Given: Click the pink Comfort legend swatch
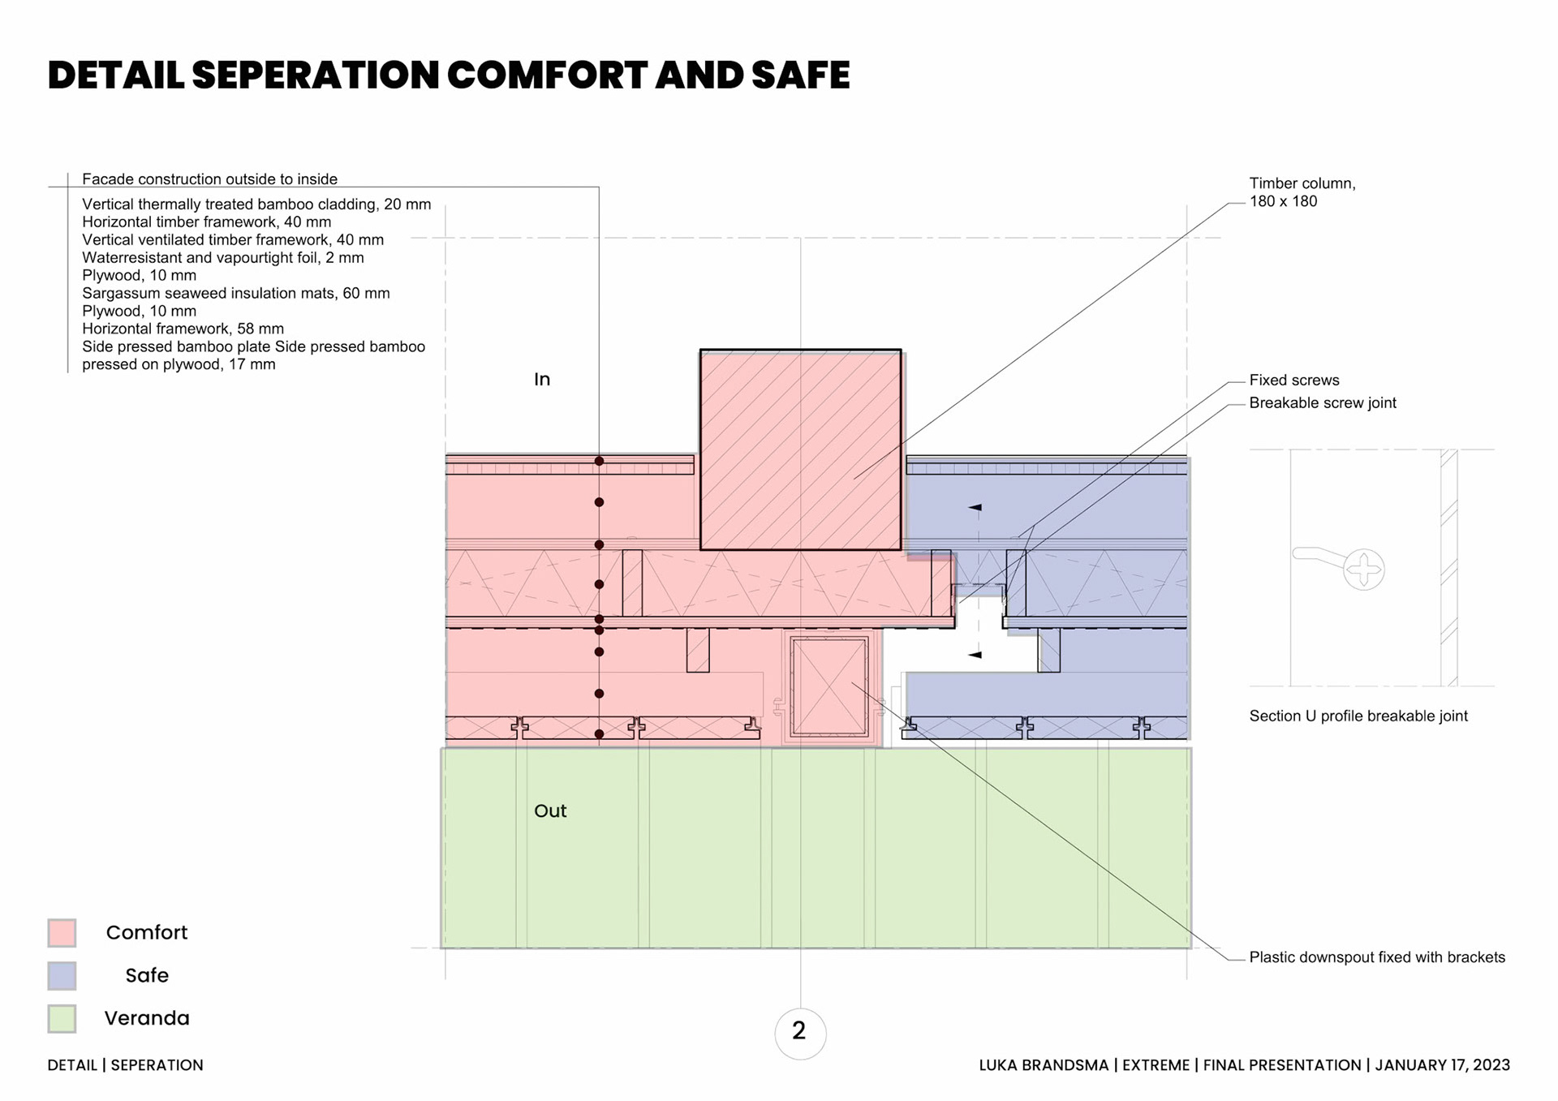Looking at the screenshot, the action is point(62,932).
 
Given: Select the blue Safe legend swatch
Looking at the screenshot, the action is point(62,975).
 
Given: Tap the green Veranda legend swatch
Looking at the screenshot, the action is point(62,1018).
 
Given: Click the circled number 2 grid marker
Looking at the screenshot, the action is point(799,1032).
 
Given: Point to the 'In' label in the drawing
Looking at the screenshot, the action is point(542,380).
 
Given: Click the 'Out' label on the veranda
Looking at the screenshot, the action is point(550,811).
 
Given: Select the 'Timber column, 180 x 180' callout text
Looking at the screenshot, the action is point(1302,192).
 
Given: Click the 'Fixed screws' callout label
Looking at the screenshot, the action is point(1293,381).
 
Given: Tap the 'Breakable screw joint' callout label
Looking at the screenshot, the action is point(1322,403).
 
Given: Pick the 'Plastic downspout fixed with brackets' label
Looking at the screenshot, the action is point(1376,957).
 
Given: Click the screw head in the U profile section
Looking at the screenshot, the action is point(1363,569).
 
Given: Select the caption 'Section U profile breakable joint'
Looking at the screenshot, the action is point(1358,716).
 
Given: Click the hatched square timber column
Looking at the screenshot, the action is point(800,450).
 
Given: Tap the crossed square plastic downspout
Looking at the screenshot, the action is point(829,687).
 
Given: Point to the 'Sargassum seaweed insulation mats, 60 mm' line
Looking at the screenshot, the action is point(235,294).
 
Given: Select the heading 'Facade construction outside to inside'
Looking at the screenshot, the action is point(209,179).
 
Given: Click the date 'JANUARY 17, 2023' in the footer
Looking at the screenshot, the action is point(1442,1065).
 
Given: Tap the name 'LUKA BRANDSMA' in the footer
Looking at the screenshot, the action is point(1043,1065).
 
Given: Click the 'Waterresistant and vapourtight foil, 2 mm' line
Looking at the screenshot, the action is point(222,258).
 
